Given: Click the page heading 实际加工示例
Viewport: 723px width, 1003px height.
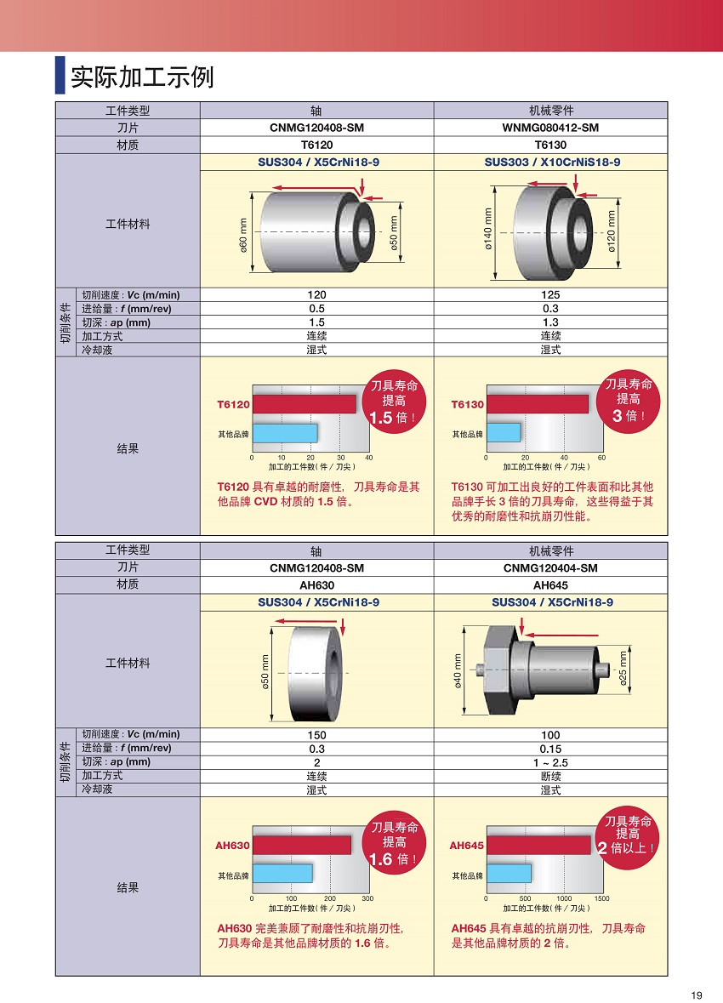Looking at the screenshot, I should (x=141, y=77).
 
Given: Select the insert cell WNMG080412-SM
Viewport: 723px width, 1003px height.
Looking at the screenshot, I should (x=550, y=128).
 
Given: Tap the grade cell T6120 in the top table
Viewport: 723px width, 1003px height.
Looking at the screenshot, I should (x=316, y=145).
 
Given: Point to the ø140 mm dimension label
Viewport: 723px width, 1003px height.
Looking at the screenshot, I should (x=488, y=231).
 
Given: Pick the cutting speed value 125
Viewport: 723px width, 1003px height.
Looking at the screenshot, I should (x=550, y=295).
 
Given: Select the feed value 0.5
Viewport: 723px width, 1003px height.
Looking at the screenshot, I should (x=316, y=309).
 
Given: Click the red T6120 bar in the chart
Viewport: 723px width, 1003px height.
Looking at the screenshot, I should (x=304, y=404).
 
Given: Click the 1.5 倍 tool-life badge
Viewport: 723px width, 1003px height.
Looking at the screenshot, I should (x=394, y=402).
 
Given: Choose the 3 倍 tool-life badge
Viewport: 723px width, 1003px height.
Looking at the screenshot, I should (x=628, y=400).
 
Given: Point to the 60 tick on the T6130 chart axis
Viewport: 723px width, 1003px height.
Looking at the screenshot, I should (x=601, y=458).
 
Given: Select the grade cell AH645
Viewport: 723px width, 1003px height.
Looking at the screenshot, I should (x=550, y=585).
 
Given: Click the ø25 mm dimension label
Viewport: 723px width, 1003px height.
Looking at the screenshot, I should (x=623, y=670).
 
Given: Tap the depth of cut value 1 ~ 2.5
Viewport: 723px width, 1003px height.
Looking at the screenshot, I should (x=550, y=762).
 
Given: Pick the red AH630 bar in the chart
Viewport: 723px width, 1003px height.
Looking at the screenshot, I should (x=301, y=845).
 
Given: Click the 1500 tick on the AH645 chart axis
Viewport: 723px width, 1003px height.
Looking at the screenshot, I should (x=601, y=898).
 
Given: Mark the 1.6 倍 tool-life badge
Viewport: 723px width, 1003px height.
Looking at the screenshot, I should (x=394, y=843).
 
